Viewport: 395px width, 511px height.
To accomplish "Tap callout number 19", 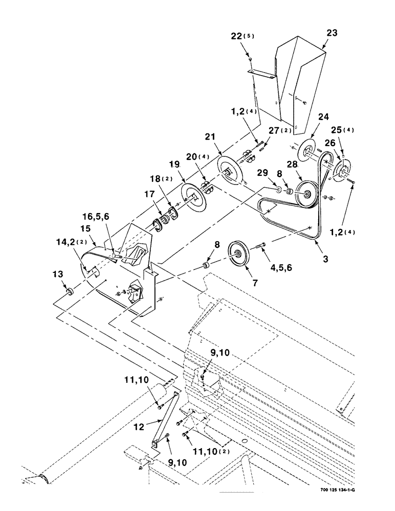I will [x=174, y=165].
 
